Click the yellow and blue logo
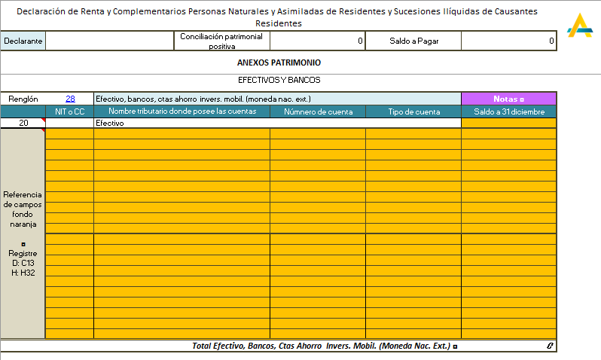pyautogui.click(x=579, y=26)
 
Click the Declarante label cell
pyautogui.click(x=23, y=41)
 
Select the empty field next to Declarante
pyautogui.click(x=110, y=41)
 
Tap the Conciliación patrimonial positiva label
pyautogui.click(x=221, y=41)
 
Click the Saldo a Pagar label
pyautogui.click(x=413, y=41)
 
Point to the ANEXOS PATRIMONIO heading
pyautogui.click(x=279, y=63)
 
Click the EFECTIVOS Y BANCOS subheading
pyautogui.click(x=279, y=79)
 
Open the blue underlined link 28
pyautogui.click(x=70, y=99)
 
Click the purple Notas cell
pyautogui.click(x=508, y=99)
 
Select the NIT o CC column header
pyautogui.click(x=69, y=111)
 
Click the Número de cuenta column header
pyautogui.click(x=317, y=111)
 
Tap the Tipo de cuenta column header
pyautogui.click(x=413, y=111)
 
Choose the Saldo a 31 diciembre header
pyautogui.click(x=508, y=111)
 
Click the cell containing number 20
pyautogui.click(x=23, y=123)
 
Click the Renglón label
pyautogui.click(x=23, y=99)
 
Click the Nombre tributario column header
pyautogui.click(x=182, y=111)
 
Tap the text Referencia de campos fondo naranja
pyautogui.click(x=23, y=209)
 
